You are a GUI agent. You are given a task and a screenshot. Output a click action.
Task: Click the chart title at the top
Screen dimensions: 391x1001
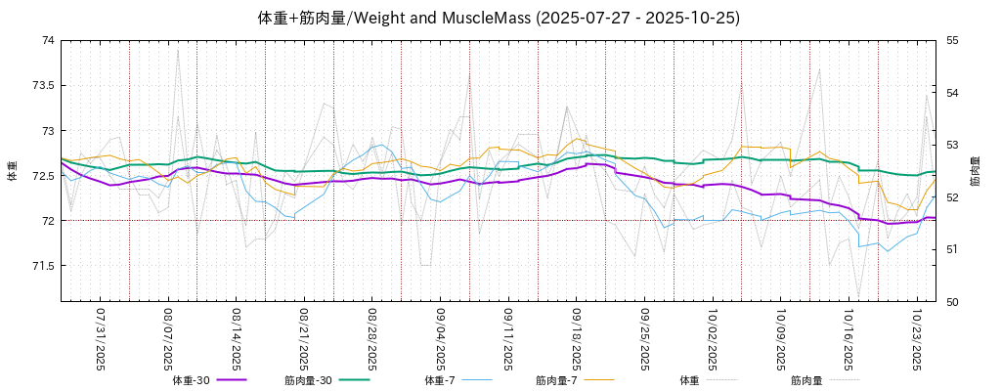(499, 18)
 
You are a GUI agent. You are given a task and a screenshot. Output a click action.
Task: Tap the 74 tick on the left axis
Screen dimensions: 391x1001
(47, 40)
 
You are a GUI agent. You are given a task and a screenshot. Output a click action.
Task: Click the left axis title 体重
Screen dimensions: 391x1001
(13, 171)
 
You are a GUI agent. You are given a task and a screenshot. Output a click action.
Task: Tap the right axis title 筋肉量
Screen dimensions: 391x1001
(975, 171)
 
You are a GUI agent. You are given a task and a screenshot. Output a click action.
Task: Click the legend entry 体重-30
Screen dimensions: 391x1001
(192, 379)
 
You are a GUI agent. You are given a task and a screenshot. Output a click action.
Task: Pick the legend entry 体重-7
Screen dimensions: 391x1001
(440, 379)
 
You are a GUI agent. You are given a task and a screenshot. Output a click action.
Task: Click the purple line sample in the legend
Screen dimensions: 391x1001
(232, 379)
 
